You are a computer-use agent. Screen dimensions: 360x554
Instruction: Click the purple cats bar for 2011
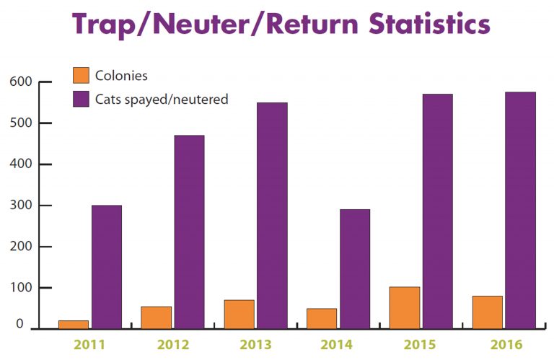[107, 267]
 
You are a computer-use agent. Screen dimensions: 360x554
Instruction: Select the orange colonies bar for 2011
[74, 325]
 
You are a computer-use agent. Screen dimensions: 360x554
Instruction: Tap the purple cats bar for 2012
[189, 232]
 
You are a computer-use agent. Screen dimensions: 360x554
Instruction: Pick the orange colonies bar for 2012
[157, 317]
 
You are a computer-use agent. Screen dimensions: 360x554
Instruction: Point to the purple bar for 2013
[272, 216]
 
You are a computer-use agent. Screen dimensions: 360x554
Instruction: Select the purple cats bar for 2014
[355, 269]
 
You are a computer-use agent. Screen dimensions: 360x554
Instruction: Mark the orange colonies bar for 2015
[405, 308]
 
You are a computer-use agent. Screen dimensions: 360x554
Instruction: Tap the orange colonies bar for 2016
[488, 312]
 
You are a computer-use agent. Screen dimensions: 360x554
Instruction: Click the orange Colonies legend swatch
[81, 75]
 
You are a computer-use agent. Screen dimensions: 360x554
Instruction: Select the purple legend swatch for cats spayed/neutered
[81, 99]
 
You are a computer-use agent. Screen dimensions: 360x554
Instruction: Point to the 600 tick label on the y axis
[21, 82]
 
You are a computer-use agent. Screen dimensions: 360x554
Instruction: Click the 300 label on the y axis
[21, 206]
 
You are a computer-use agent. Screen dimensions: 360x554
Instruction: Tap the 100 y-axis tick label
[21, 288]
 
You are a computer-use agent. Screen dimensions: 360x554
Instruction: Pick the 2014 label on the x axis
[339, 344]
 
